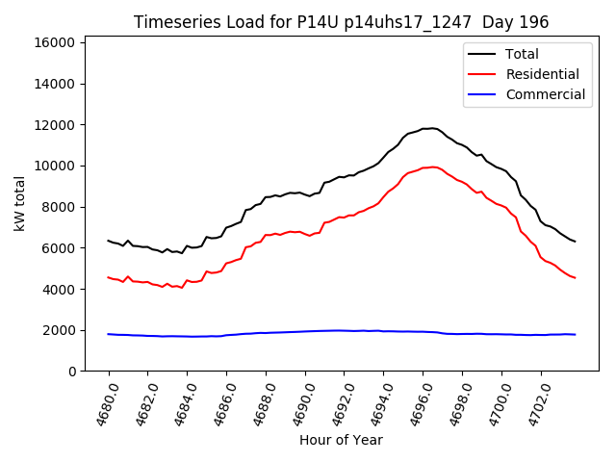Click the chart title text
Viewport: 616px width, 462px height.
(x=342, y=22)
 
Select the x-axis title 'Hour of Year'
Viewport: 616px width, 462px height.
(x=341, y=440)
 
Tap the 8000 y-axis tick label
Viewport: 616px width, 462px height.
(x=59, y=207)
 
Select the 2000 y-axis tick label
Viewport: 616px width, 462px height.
(x=59, y=330)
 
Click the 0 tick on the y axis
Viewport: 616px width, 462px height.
(x=72, y=372)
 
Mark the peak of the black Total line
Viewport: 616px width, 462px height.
(x=431, y=128)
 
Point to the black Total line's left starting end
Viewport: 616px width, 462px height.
(x=109, y=241)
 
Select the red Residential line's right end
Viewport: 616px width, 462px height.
(x=575, y=278)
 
